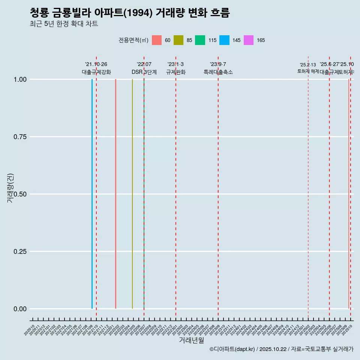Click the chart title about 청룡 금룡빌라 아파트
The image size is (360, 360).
(129, 13)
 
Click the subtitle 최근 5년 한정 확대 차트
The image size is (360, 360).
(64, 24)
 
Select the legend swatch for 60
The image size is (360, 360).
(157, 40)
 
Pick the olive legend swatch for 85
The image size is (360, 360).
(178, 40)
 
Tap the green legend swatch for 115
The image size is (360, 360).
(200, 40)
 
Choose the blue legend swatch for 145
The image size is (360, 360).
(224, 40)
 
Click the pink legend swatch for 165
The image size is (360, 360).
(249, 40)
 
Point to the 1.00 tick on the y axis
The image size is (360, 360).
(20, 79)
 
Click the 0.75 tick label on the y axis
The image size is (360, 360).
(20, 137)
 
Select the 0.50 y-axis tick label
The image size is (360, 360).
(20, 194)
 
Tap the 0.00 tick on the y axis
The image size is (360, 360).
(20, 309)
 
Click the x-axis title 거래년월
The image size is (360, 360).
(191, 340)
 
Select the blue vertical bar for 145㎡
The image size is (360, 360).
(92, 194)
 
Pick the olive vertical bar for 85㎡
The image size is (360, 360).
(132, 194)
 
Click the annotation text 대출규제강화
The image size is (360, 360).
(96, 72)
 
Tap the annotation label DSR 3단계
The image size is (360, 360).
(144, 72)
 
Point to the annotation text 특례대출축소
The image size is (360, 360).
(218, 72)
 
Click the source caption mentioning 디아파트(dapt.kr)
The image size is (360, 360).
(281, 349)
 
